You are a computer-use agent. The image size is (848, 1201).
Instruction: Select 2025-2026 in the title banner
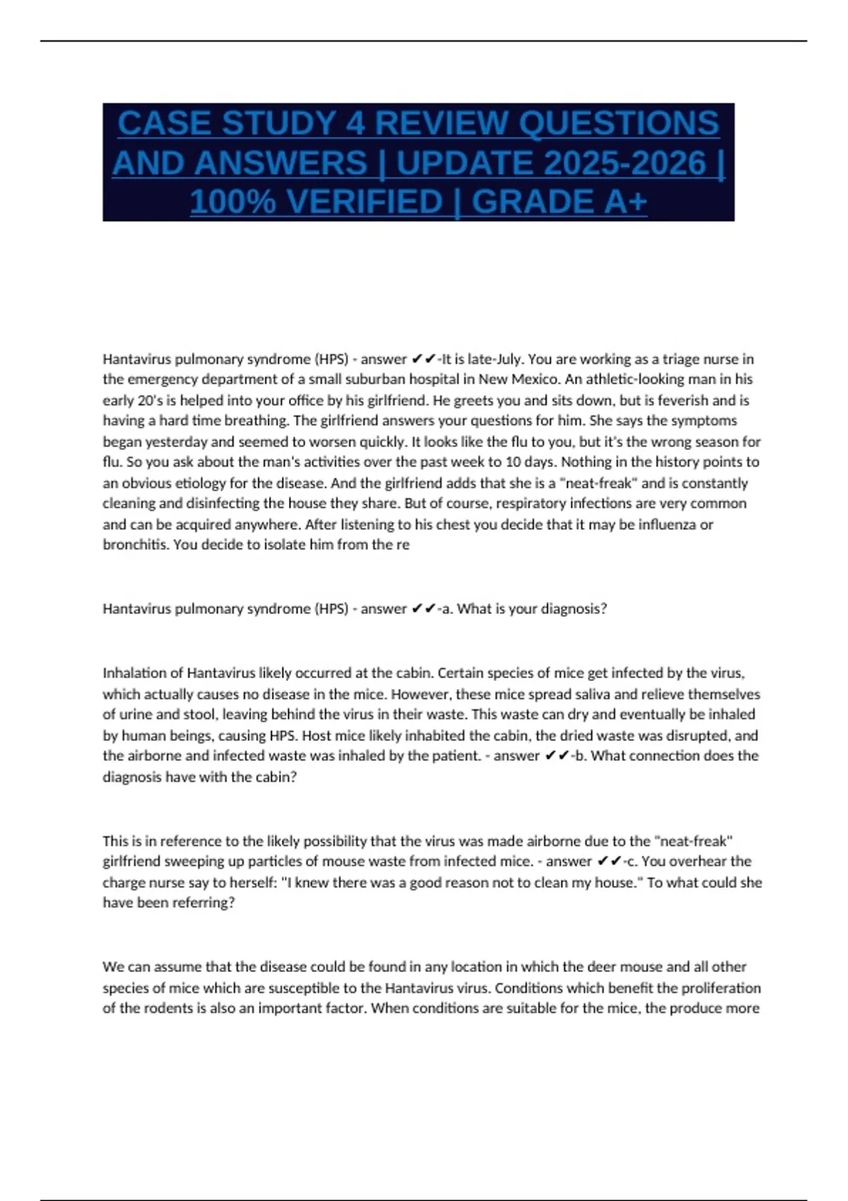551,162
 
